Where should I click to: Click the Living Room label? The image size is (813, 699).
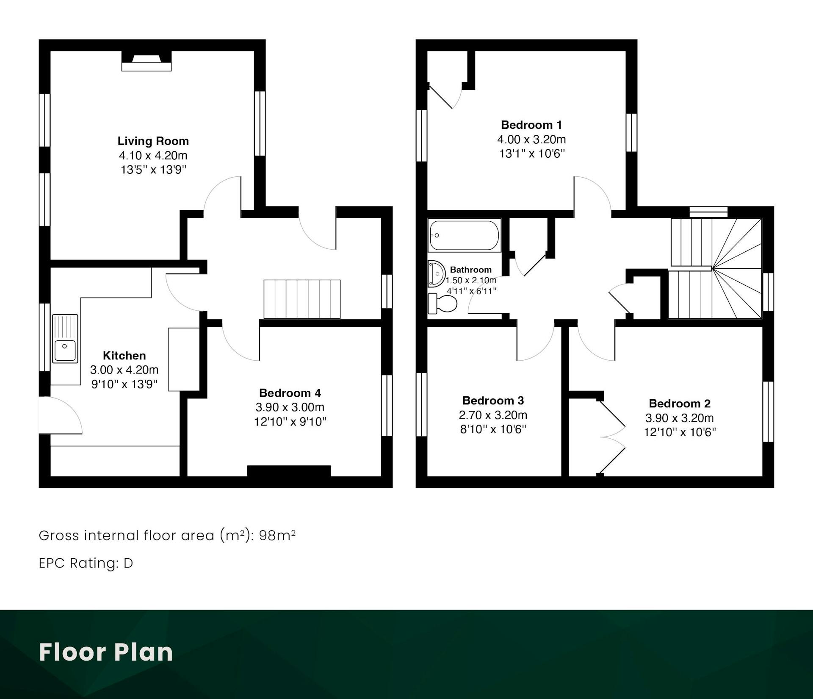click(x=153, y=141)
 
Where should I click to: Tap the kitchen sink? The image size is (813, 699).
click(x=65, y=339)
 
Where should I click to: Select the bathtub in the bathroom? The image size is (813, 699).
click(x=464, y=235)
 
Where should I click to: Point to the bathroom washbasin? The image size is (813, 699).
click(x=437, y=273)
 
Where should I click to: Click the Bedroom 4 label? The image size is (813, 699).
click(x=290, y=393)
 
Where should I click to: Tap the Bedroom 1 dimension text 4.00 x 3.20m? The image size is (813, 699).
click(x=531, y=139)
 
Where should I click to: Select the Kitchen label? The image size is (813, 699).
click(x=124, y=356)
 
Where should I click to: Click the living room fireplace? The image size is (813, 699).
click(x=147, y=61)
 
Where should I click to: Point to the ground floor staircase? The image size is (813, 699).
click(x=302, y=299)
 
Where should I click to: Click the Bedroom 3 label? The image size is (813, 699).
click(x=493, y=401)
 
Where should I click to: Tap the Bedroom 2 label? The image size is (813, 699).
click(x=680, y=404)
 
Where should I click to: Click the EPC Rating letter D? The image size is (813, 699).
click(x=128, y=563)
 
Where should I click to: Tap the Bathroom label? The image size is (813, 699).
click(x=471, y=270)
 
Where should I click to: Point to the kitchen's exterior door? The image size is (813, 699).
click(x=61, y=415)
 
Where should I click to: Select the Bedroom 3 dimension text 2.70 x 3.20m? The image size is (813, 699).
click(x=493, y=415)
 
